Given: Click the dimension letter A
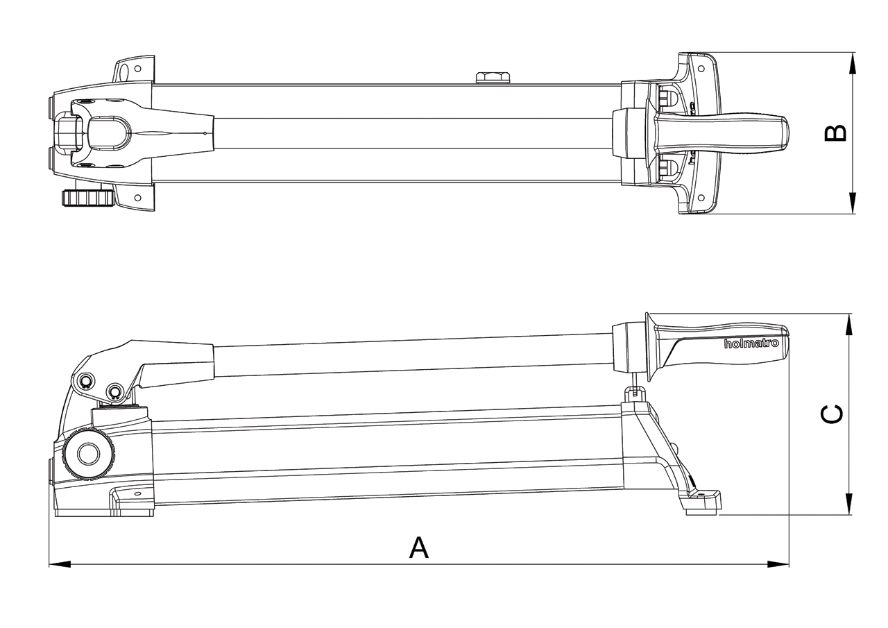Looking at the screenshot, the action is [x=418, y=548].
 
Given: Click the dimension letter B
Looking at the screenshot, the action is [x=835, y=133].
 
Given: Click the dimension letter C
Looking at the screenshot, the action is [x=831, y=414].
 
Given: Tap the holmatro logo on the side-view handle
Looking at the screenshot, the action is [x=751, y=343].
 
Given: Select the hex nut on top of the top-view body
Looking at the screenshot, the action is [x=493, y=78].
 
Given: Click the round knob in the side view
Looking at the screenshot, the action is [x=88, y=454].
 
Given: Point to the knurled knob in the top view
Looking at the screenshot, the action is [x=88, y=198].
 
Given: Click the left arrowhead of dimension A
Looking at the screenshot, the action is [x=60, y=563].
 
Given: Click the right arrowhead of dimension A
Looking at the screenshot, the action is [x=778, y=563].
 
